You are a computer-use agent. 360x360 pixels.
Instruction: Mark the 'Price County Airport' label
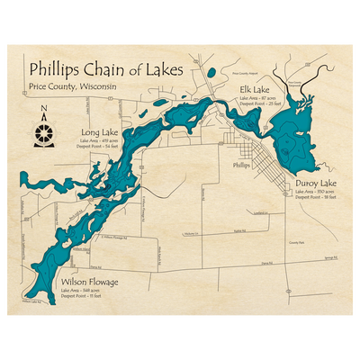[x=244, y=74]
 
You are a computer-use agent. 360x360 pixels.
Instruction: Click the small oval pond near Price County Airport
[x=210, y=71]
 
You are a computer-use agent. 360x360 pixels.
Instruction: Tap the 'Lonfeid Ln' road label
[x=261, y=213]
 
